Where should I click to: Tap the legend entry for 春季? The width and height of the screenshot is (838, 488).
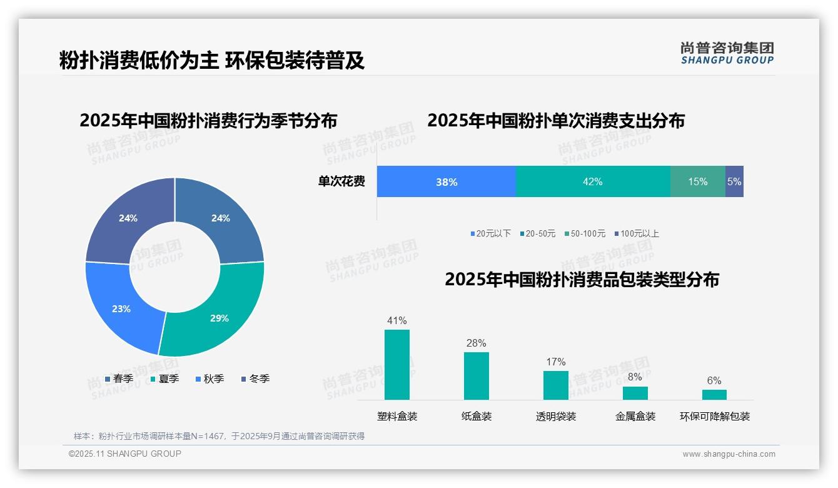click(119, 379)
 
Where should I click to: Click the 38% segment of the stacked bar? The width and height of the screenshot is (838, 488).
click(447, 181)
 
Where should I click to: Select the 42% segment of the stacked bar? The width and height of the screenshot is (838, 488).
click(592, 181)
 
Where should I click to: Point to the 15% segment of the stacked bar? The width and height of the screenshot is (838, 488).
click(697, 181)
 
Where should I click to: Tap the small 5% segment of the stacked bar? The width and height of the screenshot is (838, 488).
click(734, 181)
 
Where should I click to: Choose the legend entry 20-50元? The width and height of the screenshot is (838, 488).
click(537, 233)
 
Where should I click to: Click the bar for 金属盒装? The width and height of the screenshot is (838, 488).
click(635, 393)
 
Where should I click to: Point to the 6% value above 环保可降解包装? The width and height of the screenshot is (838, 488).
click(714, 380)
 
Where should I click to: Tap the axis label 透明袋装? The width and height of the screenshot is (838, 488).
click(556, 416)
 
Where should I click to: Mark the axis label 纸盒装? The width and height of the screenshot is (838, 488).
click(477, 416)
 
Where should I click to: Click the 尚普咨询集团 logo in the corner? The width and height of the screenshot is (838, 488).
click(727, 53)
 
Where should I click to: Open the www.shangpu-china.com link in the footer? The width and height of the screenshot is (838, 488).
click(729, 454)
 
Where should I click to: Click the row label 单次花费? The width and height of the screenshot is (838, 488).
click(341, 181)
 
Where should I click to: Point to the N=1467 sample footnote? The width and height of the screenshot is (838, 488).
click(219, 436)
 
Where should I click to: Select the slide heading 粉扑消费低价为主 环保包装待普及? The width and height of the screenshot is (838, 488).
click(212, 61)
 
